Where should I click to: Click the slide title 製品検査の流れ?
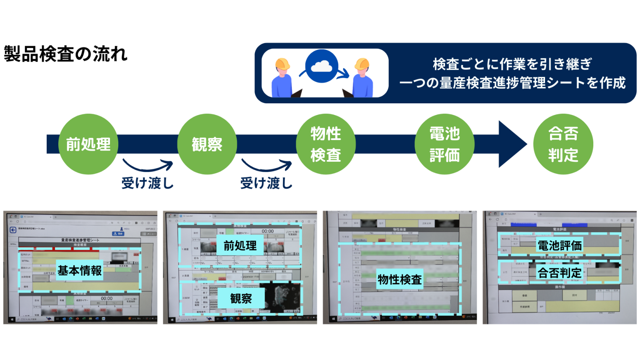(65, 54)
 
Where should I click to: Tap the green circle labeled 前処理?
(88, 144)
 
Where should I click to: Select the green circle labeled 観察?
(207, 144)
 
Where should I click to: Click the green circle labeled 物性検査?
(326, 144)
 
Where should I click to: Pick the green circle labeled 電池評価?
(445, 144)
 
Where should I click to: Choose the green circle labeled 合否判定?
(563, 144)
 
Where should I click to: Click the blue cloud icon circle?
(322, 66)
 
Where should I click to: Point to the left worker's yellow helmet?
(282, 64)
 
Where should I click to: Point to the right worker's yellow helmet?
(362, 64)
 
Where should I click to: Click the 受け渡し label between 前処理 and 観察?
(147, 183)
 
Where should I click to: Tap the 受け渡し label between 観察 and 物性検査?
(266, 183)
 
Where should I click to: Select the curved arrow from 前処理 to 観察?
(148, 166)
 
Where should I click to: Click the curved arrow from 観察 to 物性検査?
(267, 166)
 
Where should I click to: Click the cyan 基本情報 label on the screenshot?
(80, 271)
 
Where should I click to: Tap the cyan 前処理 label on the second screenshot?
(240, 246)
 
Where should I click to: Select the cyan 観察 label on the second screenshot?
(241, 299)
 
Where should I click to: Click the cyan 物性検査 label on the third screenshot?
(400, 280)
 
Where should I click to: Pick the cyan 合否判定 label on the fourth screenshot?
(559, 273)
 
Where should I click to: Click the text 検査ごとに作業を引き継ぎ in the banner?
(512, 64)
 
